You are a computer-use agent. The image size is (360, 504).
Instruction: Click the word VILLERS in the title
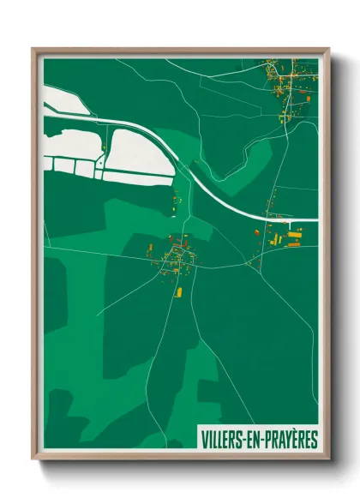(x=222, y=440)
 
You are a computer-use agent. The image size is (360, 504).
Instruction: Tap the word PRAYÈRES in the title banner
(x=290, y=440)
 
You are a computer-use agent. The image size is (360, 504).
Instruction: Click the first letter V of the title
(x=205, y=440)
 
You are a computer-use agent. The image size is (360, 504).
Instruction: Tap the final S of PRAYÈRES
(x=314, y=440)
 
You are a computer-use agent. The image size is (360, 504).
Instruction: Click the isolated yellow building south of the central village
(x=179, y=291)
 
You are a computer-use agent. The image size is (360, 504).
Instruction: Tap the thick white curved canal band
(x=214, y=189)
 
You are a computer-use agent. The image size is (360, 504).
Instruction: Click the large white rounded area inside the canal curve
(x=141, y=150)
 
